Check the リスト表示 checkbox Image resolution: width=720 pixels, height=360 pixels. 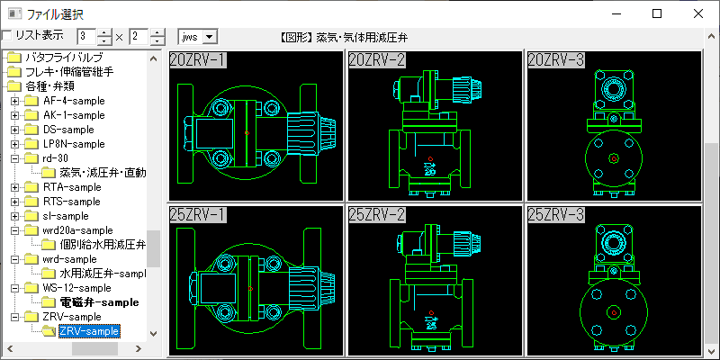(6, 36)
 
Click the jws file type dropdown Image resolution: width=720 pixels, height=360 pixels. (198, 37)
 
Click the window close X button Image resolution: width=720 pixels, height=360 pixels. (698, 13)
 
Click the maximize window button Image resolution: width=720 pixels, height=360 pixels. (657, 13)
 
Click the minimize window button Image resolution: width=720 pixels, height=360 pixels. (616, 13)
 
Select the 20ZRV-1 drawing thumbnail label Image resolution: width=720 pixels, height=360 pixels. (198, 60)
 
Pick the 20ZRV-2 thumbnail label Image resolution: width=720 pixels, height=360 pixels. (377, 60)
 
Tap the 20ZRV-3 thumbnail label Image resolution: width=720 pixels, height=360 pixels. (556, 60)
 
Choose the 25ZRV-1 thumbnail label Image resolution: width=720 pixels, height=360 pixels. (198, 215)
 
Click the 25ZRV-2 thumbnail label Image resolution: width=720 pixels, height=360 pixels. (377, 215)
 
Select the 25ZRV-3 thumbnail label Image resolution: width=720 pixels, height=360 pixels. (556, 215)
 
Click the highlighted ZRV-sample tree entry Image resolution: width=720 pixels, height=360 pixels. (89, 331)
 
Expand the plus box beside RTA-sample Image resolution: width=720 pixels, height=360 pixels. (14, 187)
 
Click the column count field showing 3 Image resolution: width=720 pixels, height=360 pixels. (85, 37)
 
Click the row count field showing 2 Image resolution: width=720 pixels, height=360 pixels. (137, 37)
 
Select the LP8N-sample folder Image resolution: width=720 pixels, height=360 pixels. (74, 143)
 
